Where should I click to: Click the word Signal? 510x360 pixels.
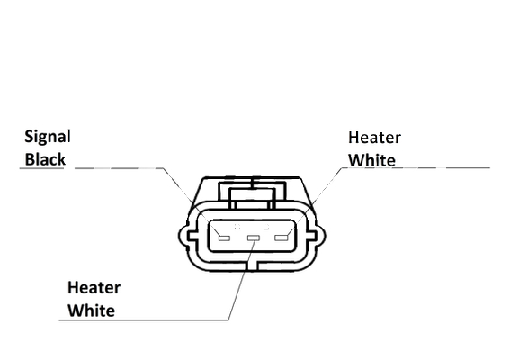(x=47, y=137)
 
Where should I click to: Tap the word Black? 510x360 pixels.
(x=45, y=159)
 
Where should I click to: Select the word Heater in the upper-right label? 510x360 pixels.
(x=374, y=138)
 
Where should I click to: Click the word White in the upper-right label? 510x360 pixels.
(x=371, y=160)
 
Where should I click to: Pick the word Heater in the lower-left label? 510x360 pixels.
(x=94, y=288)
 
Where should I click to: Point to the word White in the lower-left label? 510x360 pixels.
(x=91, y=310)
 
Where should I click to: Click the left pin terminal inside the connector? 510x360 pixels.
(x=224, y=238)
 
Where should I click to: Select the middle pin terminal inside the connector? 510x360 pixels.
(x=254, y=238)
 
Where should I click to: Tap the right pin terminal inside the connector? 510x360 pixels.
(x=282, y=238)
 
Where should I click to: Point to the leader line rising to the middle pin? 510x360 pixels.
(x=241, y=280)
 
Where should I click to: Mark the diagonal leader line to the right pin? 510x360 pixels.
(x=315, y=202)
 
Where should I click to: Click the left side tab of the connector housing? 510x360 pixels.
(x=184, y=236)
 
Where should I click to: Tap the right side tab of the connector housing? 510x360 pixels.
(x=318, y=236)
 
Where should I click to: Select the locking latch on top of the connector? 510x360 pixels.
(x=253, y=193)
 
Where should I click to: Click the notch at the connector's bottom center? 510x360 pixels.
(x=252, y=265)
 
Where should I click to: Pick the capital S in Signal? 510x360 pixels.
(x=30, y=137)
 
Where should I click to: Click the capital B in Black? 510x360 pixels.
(x=30, y=159)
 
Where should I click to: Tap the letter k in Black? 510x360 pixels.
(x=61, y=159)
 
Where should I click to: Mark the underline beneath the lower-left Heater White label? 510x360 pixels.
(x=143, y=320)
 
